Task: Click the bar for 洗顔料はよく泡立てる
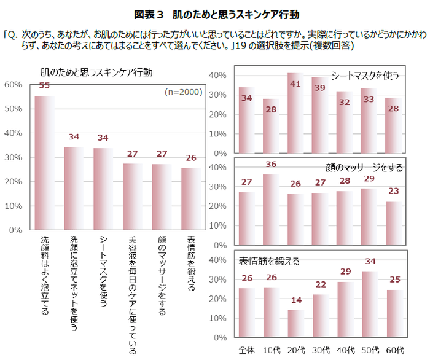click(44, 163)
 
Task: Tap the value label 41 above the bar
click(295, 84)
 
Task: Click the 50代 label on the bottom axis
click(369, 349)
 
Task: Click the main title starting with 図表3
click(215, 13)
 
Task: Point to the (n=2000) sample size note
click(183, 92)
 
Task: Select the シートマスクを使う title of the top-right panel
click(365, 76)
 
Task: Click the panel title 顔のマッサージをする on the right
click(363, 166)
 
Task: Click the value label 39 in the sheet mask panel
click(319, 88)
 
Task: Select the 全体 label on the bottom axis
click(247, 349)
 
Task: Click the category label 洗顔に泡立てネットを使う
click(74, 283)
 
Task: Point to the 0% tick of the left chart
click(15, 230)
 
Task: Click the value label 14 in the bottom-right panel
click(295, 301)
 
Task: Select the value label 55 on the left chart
click(44, 86)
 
